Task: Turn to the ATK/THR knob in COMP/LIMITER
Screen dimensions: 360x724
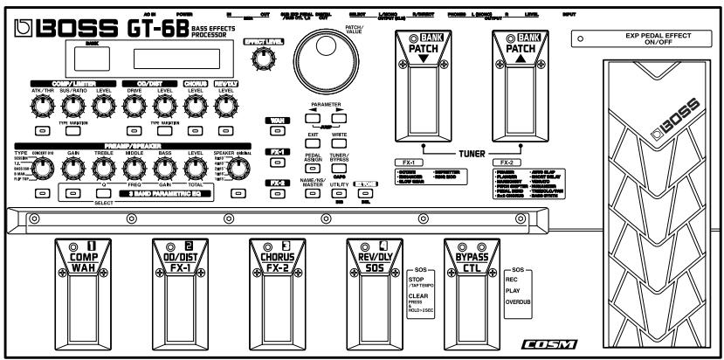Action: pyautogui.click(x=41, y=107)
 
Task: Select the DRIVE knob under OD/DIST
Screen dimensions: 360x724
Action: pyautogui.click(x=135, y=107)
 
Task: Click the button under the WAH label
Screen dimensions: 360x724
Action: pyautogui.click(x=277, y=130)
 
